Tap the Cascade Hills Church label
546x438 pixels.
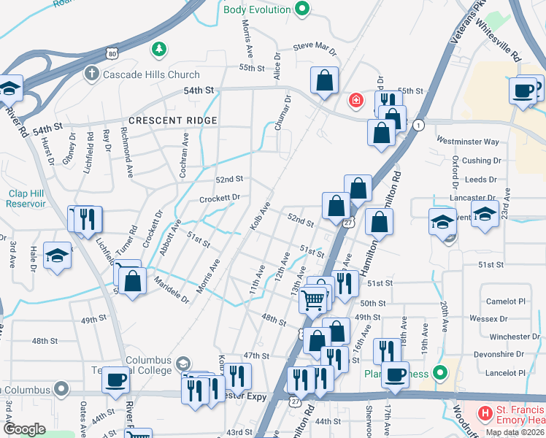pyautogui.click(x=152, y=74)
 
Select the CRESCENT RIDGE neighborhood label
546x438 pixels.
pyautogui.click(x=172, y=120)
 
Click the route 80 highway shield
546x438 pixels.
pyautogui.click(x=111, y=53)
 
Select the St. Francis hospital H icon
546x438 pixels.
pyautogui.click(x=484, y=413)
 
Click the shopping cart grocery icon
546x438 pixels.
pyautogui.click(x=313, y=299)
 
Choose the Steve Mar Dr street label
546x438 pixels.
pyautogui.click(x=315, y=48)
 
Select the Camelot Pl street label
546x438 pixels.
pyautogui.click(x=507, y=301)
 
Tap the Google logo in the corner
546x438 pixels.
pyautogui.click(x=24, y=429)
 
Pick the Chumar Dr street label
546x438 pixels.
pyautogui.click(x=283, y=113)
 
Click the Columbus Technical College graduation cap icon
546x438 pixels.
pyautogui.click(x=183, y=363)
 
